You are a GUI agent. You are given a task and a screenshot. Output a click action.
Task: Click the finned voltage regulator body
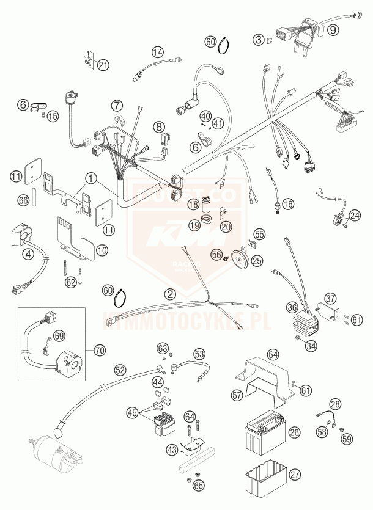tap(308, 322)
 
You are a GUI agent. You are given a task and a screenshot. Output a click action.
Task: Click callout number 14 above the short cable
tap(158, 53)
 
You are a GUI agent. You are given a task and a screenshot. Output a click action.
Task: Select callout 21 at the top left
tap(103, 65)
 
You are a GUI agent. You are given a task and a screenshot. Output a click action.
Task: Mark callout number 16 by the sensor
tap(288, 203)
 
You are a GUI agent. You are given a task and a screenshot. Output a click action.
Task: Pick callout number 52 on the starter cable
tap(120, 370)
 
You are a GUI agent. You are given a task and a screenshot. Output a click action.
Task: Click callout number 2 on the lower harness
tap(171, 294)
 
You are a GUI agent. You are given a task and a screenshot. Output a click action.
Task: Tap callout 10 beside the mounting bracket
tap(102, 250)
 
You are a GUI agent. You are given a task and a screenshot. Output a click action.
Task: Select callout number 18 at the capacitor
tap(194, 205)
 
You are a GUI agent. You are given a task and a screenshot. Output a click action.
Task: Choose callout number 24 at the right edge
tap(355, 214)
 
